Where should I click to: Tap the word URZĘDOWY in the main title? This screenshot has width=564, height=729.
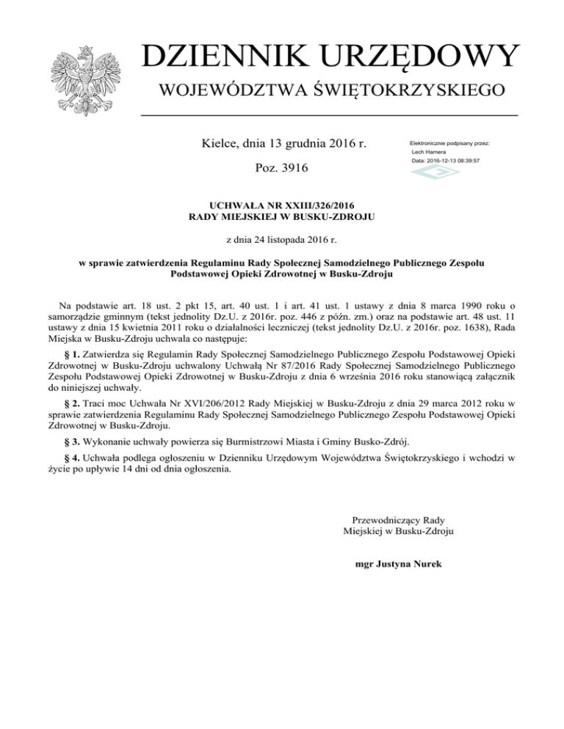(x=424, y=57)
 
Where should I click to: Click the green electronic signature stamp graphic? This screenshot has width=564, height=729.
(x=433, y=174)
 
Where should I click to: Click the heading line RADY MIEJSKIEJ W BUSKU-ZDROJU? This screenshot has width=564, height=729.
(x=283, y=217)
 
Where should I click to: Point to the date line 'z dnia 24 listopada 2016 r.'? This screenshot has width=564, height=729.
(x=283, y=239)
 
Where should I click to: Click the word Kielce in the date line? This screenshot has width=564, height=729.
(x=220, y=142)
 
